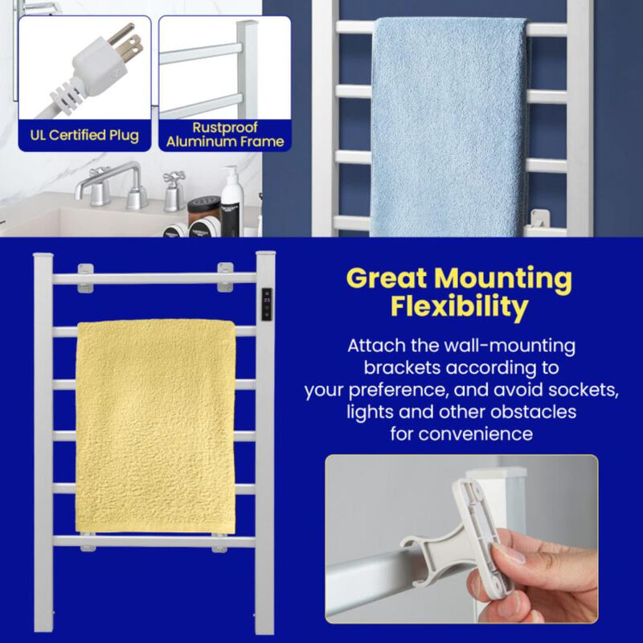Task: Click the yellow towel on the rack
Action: [x=156, y=426]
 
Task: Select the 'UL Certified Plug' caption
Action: [x=84, y=134]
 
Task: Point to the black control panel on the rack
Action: [x=266, y=305]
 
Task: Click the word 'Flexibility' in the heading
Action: [x=459, y=307]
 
